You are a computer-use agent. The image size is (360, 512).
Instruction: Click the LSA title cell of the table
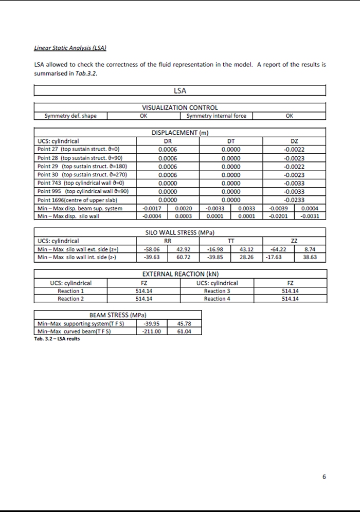[180, 91]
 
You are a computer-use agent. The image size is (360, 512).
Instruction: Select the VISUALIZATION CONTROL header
[180, 108]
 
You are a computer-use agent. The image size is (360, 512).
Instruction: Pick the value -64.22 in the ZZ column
[278, 249]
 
